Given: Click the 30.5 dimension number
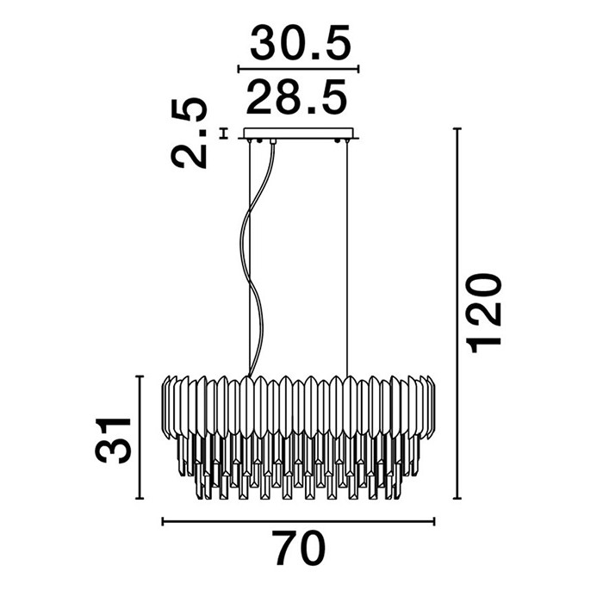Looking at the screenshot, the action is pyautogui.click(x=301, y=42).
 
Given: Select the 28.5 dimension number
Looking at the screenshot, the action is pyautogui.click(x=296, y=96).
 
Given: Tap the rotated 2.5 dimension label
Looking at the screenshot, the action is pyautogui.click(x=189, y=134).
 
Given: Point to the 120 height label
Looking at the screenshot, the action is pyautogui.click(x=483, y=313).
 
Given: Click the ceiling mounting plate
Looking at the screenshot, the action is pyautogui.click(x=298, y=134).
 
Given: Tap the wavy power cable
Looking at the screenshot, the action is pyautogui.click(x=257, y=258).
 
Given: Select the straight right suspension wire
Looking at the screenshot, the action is pyautogui.click(x=347, y=258).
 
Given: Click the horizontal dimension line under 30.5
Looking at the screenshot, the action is pyautogui.click(x=298, y=69).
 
